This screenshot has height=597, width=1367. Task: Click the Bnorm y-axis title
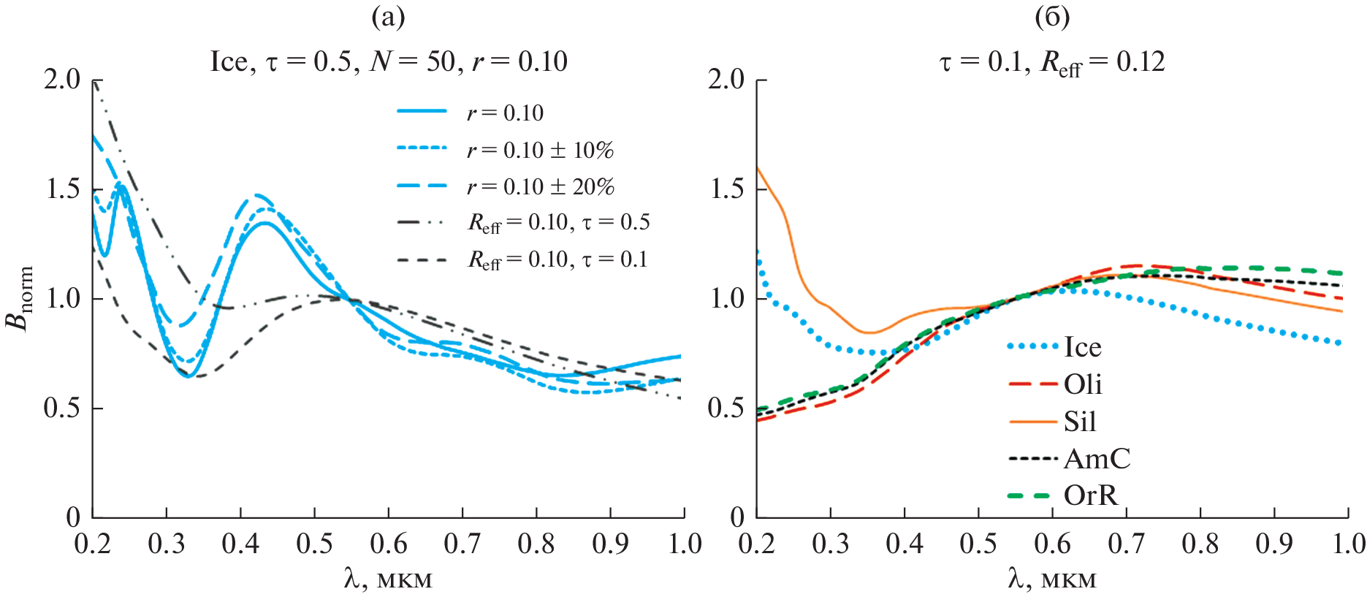click(20, 298)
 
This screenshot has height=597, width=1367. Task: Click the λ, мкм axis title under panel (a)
click(388, 579)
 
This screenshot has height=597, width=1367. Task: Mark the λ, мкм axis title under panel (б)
click(1052, 579)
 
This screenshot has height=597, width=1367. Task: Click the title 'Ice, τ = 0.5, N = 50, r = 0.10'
click(389, 61)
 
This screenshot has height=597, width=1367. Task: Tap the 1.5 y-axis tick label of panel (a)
click(63, 189)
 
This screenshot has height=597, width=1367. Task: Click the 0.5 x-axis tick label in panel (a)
click(314, 544)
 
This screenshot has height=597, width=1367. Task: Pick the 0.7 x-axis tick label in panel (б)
click(1126, 544)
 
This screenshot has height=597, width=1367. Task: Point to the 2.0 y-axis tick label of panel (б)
click(726, 80)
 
